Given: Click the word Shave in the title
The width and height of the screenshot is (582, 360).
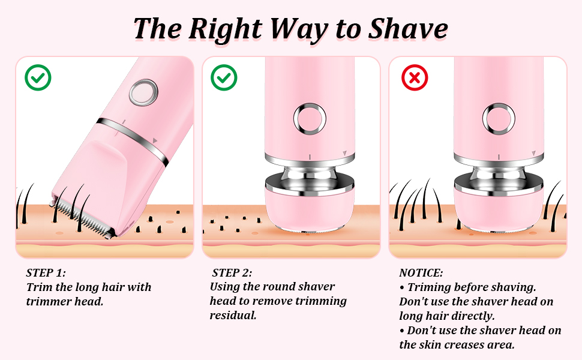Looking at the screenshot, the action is click(407, 29).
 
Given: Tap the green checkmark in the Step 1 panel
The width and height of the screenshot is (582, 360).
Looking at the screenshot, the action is click(38, 77).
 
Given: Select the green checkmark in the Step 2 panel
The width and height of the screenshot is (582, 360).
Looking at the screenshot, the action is click(224, 77).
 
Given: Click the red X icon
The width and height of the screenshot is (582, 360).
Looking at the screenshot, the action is click(415, 77).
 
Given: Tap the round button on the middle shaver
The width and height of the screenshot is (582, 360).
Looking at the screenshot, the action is click(310, 119).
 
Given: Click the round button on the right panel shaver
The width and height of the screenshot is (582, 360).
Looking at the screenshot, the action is click(499, 119).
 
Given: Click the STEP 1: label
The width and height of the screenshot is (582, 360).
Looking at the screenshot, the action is click(46, 273).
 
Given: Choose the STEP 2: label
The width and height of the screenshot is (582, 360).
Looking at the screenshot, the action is click(232, 273).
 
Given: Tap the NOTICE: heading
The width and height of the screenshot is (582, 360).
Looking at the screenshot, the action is click(421, 273).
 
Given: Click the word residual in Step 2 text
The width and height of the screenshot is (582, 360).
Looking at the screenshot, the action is click(233, 316).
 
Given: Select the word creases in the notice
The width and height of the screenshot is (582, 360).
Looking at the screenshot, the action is click(464, 345).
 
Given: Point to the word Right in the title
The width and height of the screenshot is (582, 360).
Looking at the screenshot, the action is click(226, 29).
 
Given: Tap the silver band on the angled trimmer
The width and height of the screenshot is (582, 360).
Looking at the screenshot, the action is click(133, 141).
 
